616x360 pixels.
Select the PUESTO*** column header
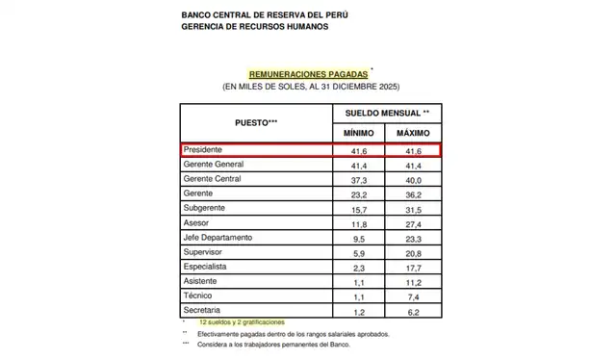point(257,123)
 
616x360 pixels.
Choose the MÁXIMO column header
point(412,132)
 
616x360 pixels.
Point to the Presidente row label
point(204,151)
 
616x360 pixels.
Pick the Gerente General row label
point(213,166)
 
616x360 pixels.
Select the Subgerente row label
point(205,209)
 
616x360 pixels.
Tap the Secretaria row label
point(203,310)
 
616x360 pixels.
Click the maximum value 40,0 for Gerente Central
point(412,180)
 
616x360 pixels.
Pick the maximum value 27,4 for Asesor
point(412,223)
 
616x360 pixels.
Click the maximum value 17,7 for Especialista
point(412,267)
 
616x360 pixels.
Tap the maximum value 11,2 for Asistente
point(412,281)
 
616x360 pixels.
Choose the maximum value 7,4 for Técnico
point(412,296)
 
